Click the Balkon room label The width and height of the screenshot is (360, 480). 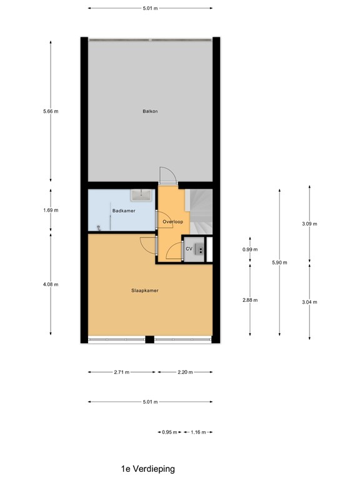(150, 112)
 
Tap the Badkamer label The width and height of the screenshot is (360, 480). (124, 211)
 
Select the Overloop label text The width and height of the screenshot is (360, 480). (172, 222)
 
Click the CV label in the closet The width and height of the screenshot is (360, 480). (189, 249)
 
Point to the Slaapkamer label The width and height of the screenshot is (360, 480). (144, 290)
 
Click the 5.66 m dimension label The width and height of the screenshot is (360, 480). (51, 112)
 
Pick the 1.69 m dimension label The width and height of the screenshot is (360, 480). (51, 211)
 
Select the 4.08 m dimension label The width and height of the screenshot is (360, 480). (51, 284)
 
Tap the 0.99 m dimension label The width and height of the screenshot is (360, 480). (250, 250)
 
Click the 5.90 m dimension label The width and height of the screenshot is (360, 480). (279, 262)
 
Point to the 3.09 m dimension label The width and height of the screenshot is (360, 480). (309, 224)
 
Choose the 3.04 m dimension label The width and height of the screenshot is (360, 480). (309, 302)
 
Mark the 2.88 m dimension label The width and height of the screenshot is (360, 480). (250, 300)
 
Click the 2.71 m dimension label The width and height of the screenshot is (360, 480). (121, 372)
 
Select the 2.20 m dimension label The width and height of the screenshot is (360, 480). (185, 372)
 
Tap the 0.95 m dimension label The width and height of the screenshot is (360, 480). (169, 432)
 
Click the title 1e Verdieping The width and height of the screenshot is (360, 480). (148, 468)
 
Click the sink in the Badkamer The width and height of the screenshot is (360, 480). (141, 195)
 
